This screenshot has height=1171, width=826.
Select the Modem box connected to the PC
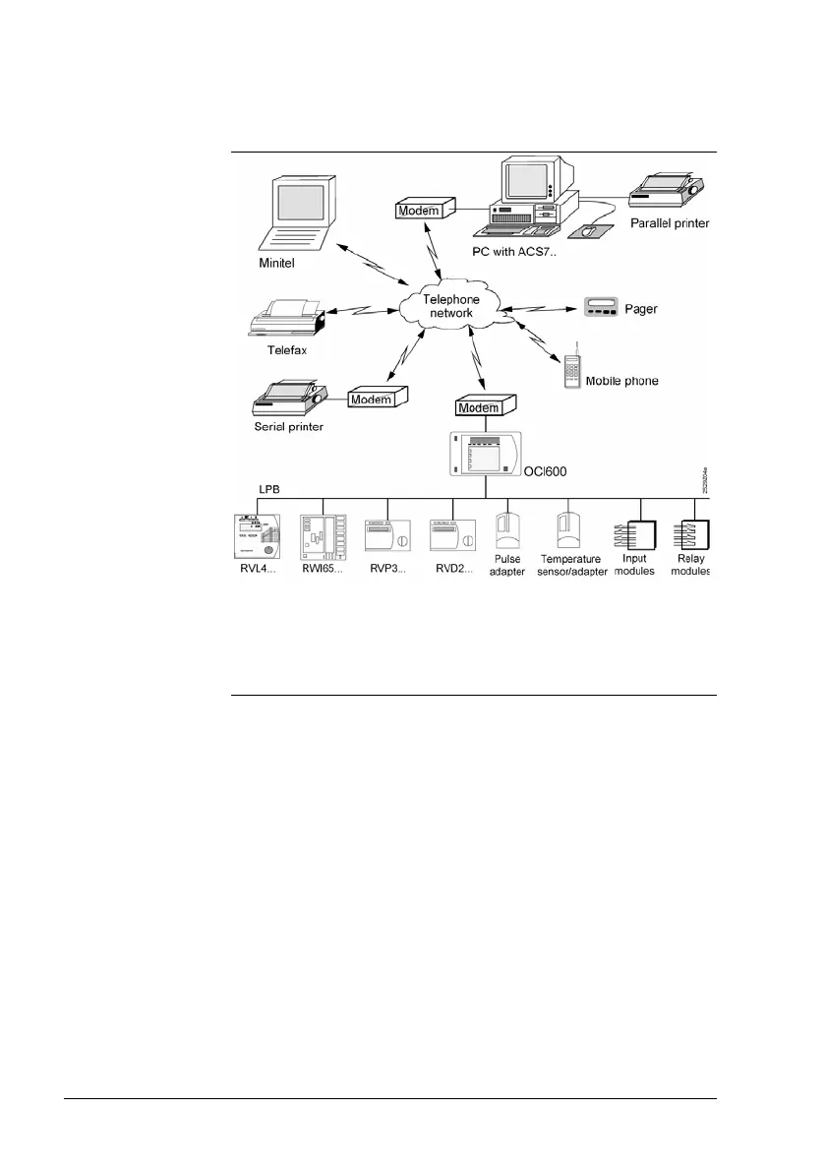(x=425, y=210)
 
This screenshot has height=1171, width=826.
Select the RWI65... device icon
(x=324, y=538)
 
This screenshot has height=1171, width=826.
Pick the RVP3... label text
(x=385, y=572)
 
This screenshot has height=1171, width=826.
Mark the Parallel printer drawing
(x=665, y=188)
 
